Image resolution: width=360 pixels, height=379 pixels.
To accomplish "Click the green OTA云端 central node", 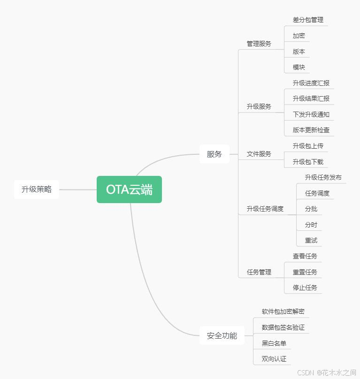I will [129, 189].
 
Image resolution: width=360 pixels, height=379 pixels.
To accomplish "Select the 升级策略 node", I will [37, 189].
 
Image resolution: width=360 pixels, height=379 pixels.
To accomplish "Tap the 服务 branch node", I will [214, 154].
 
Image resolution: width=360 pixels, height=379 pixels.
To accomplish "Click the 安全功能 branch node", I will [222, 335].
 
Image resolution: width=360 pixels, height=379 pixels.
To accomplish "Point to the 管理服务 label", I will [259, 44].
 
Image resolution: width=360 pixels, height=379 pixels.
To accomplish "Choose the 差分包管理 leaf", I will [308, 20].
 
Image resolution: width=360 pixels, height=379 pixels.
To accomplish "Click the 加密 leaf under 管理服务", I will [299, 36].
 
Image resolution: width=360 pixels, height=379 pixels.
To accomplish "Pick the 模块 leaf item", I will [299, 67].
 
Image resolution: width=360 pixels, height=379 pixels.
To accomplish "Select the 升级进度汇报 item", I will [311, 83].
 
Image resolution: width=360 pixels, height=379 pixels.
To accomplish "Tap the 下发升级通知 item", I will [311, 114].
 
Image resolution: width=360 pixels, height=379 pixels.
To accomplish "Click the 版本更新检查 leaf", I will [311, 130].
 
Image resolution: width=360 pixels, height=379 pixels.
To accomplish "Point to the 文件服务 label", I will [259, 154].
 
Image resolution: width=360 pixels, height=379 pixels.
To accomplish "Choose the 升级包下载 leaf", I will [308, 162].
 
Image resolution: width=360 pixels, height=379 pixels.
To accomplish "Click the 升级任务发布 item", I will [323, 177].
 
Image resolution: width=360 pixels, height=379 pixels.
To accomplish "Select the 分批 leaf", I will [311, 209].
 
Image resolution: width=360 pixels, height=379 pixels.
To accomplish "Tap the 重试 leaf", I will [311, 240].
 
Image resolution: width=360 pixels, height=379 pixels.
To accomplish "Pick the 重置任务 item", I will [305, 272].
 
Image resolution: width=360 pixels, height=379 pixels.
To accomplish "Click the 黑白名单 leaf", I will [274, 343].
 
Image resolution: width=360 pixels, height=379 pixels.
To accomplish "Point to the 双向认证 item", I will [274, 359].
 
